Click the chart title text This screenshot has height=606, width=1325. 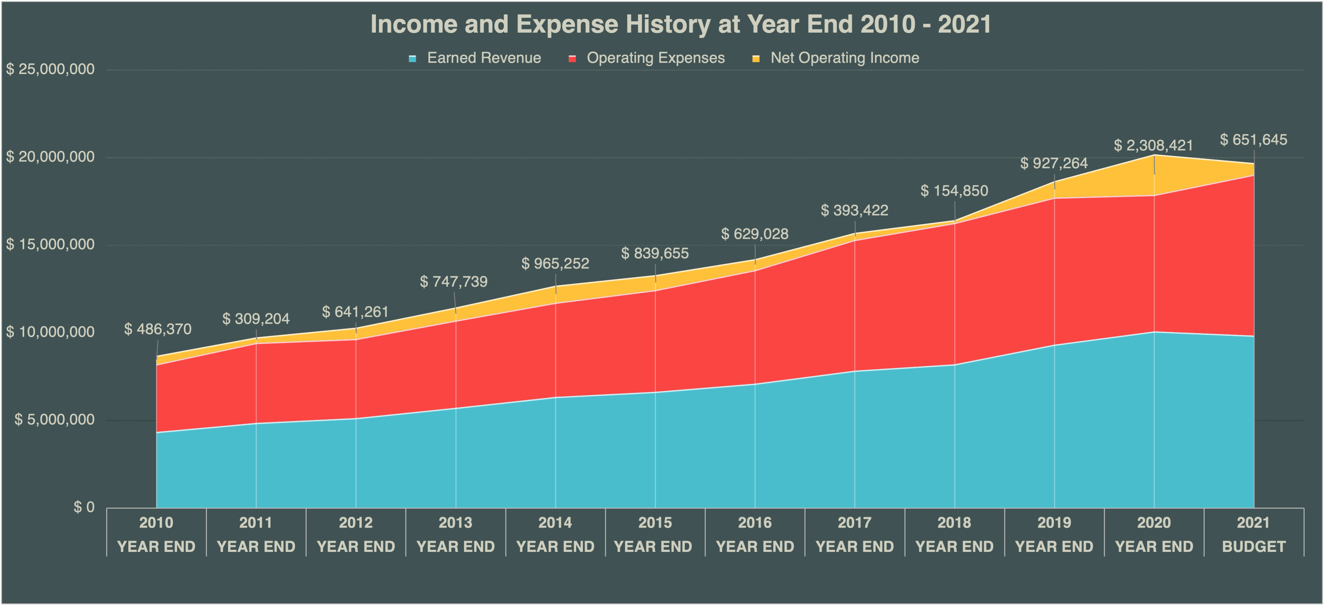tap(681, 24)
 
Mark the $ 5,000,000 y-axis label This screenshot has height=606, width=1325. tap(54, 419)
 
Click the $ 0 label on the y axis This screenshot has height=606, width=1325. tap(84, 507)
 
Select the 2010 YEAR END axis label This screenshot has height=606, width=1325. tap(156, 534)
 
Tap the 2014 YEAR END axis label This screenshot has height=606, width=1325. tap(555, 534)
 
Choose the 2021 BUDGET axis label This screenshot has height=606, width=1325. tap(1253, 534)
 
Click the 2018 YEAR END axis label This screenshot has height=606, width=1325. tap(954, 534)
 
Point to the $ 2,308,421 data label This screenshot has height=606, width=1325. tap(1153, 146)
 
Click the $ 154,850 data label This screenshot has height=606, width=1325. tap(954, 191)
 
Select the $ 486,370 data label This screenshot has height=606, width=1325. tap(158, 329)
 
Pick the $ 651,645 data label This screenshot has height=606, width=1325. tap(1253, 140)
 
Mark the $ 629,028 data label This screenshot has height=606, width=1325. tap(755, 234)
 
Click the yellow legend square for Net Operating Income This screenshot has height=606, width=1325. tap(756, 59)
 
